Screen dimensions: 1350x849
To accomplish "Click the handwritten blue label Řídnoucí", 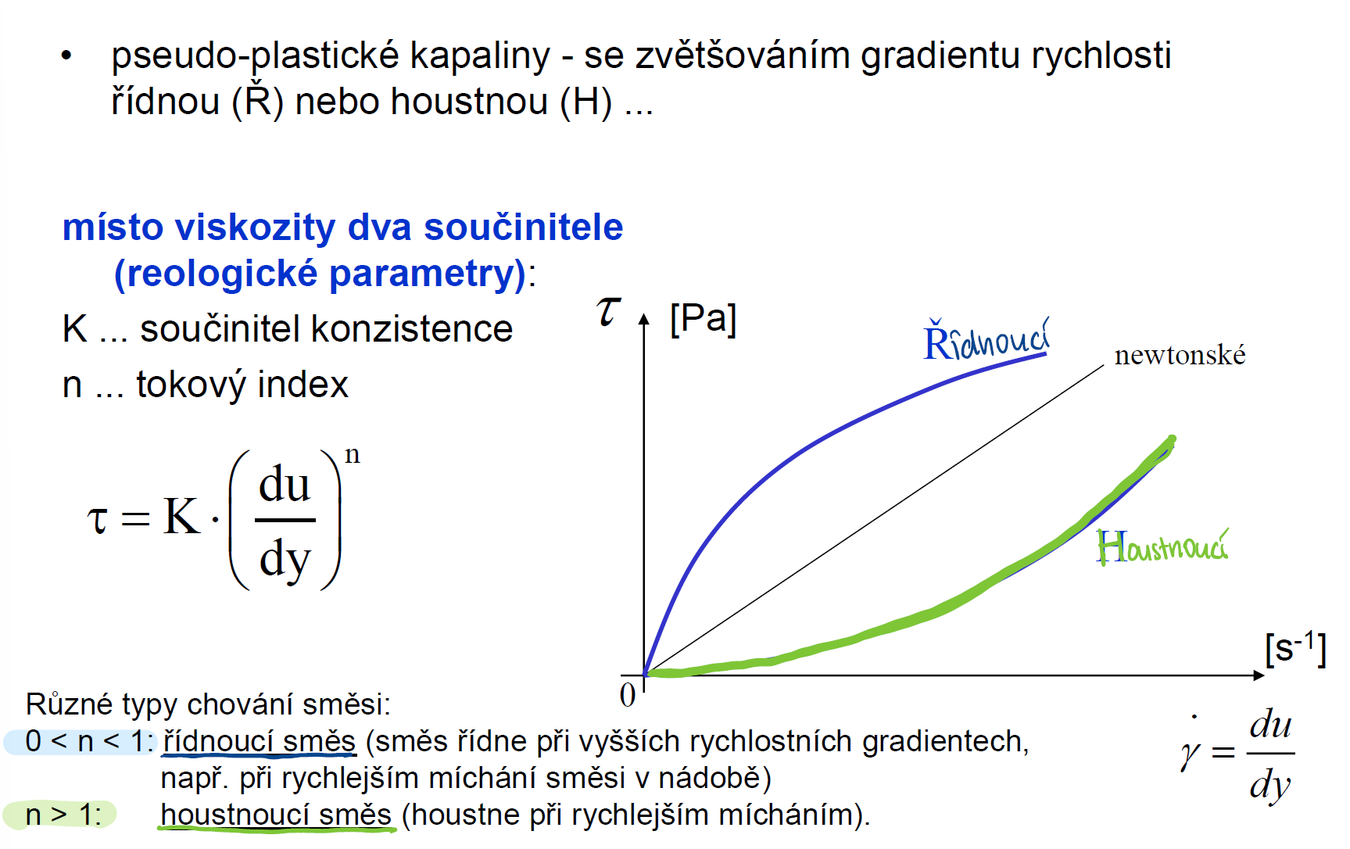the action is coord(987,339).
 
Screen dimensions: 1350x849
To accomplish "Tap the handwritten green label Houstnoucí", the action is coord(1162,546).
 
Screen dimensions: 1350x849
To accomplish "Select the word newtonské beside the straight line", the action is coord(1180,356).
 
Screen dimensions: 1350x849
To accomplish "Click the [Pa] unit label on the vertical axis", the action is coord(704,319).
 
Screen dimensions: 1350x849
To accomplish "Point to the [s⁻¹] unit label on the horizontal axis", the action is coord(1295,649).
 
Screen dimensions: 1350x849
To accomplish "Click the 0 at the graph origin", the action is coord(628,694).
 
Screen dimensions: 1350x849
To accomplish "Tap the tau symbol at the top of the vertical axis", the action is coord(608,311).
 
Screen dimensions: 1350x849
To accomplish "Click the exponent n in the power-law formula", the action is coord(353,455).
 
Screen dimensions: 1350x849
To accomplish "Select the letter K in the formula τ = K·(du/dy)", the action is coord(182,517).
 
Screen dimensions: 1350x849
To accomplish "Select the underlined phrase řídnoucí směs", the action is coord(259,742).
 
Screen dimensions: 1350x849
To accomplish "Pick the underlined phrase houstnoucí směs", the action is coord(276,815).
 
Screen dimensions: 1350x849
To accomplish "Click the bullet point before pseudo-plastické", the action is coord(66,56).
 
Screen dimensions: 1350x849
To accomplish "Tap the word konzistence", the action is coord(412,329).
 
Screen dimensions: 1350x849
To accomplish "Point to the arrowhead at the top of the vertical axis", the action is coord(644,319).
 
